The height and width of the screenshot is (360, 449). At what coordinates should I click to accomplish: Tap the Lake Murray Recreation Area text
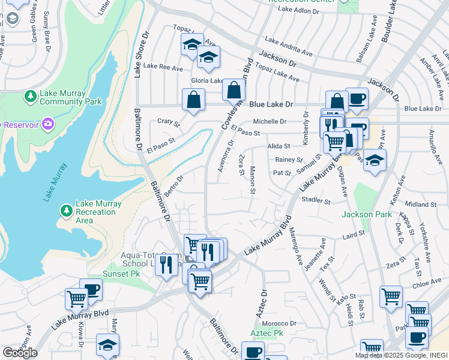coord(98,212)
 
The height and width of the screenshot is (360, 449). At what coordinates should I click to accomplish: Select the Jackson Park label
coord(366,214)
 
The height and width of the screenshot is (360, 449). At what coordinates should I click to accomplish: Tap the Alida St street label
coord(279,146)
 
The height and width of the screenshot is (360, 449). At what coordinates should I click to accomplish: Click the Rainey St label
coord(289,160)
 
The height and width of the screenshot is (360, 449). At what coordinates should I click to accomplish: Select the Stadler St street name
coord(316,200)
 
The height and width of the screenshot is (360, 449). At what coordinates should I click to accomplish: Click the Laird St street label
coord(354,234)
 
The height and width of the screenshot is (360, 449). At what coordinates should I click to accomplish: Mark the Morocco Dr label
coord(281,323)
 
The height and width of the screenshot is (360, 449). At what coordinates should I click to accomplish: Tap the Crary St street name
coord(169,122)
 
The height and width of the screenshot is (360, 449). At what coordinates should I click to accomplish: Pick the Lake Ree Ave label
coord(163,68)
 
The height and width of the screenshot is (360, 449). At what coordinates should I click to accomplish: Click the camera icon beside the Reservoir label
coord(48,124)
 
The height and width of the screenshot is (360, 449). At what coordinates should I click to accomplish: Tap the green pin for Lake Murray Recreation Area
coord(66,211)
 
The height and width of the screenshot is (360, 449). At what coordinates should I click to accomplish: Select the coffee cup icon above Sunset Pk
coord(91,289)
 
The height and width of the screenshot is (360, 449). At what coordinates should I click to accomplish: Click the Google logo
coord(20,353)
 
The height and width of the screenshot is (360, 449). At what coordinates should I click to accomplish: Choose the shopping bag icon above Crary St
coord(193,100)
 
